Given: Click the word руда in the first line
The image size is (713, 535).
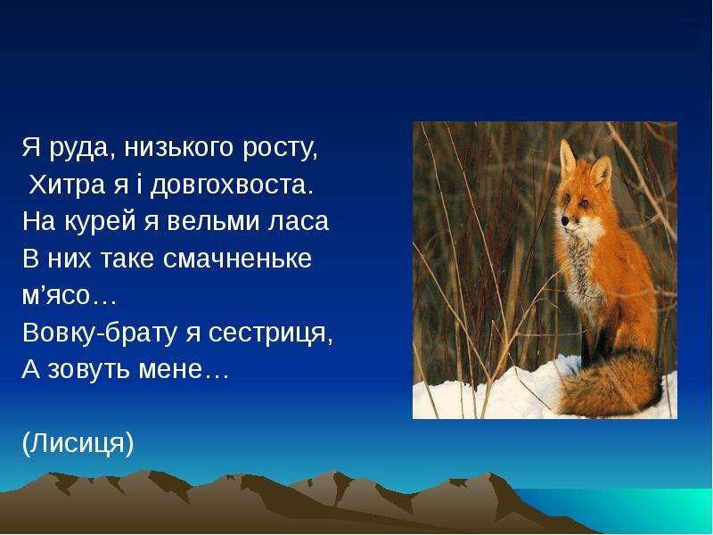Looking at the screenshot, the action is click(81, 149).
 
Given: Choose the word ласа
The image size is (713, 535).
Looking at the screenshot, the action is click(299, 223).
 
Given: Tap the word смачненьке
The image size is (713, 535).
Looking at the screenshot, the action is click(237, 259).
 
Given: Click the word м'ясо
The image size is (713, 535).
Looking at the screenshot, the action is click(56, 296).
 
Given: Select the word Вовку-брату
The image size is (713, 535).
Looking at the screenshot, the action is click(99, 333).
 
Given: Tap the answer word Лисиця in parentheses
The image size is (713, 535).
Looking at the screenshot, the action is click(78, 443).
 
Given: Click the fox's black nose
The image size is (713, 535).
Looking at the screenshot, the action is click(565, 220).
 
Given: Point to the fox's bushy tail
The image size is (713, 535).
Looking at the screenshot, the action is click(610, 384).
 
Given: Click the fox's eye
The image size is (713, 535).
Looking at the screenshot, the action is click(583, 202).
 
